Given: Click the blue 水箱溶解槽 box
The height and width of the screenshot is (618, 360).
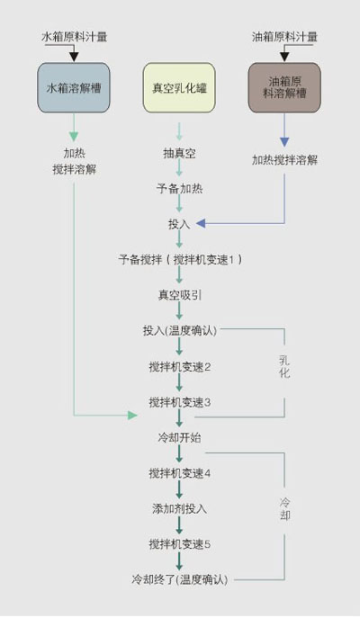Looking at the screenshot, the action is point(73,87).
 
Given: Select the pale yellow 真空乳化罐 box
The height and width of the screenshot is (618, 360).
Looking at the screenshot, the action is point(179,87).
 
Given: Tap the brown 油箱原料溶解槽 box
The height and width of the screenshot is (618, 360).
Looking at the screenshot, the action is point(284,87).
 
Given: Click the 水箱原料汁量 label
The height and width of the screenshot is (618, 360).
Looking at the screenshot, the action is point(74,37).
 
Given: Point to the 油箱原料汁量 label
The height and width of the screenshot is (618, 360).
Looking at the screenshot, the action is point(284,37).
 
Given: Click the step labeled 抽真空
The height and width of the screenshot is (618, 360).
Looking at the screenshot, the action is point(179,153).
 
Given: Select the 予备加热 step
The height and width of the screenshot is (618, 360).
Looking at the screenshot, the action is point(179,189).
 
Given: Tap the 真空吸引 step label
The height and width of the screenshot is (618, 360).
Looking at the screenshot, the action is point(179,295).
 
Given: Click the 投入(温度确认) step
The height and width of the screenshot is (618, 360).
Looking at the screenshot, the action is point(180,331).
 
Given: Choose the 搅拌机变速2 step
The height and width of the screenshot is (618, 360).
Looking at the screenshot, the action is point(179,367).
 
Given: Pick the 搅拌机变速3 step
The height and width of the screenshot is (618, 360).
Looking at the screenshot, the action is point(179,402).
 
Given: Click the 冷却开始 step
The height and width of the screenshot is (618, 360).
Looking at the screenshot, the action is point(179,438).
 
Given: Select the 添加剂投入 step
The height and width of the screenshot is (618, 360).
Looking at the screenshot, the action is point(179,509).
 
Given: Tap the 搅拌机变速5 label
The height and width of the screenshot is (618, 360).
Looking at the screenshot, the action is point(179,544).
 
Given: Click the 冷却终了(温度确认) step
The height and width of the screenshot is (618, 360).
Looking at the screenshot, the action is point(180,580).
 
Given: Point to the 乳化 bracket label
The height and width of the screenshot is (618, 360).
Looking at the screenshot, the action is point(284,366).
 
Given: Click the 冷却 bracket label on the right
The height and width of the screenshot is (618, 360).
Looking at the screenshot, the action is point(284,508).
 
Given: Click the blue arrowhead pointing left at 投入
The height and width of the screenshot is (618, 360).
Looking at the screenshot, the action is point(201,223).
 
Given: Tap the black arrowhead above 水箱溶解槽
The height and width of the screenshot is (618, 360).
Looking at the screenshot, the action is point(74,57).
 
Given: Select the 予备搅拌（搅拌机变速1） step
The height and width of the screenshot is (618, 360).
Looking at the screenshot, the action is point(180,260).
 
